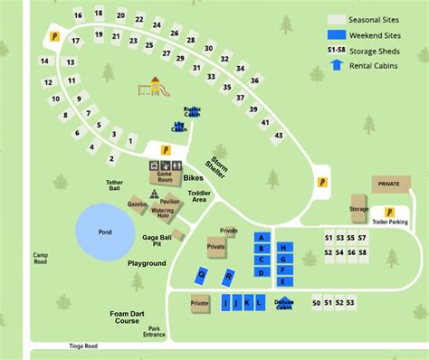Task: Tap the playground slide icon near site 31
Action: [x=155, y=87]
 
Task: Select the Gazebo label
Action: [x=137, y=204]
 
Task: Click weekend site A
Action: [x=261, y=237]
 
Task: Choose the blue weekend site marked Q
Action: [x=202, y=273]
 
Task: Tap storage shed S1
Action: [x=329, y=238]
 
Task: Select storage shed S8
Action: [x=362, y=253]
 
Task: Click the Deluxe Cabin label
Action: [x=284, y=303]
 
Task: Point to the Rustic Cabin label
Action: [x=192, y=111]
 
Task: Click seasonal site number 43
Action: [x=278, y=136]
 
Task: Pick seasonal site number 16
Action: [x=79, y=15]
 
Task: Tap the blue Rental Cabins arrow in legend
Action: [x=338, y=64]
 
